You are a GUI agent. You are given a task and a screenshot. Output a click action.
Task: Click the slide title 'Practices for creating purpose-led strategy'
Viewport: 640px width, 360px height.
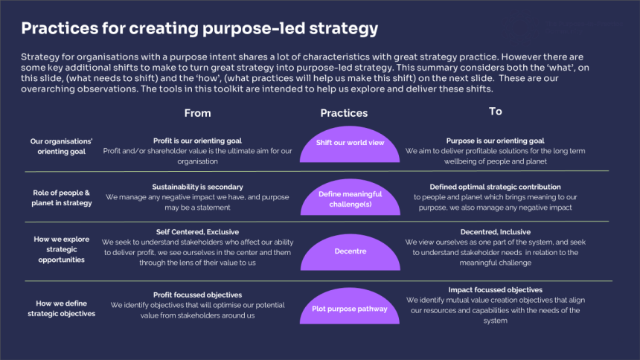(199, 29)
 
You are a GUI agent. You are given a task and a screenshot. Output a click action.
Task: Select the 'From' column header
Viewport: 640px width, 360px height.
(197, 113)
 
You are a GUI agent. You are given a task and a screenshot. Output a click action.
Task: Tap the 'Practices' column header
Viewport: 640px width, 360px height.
(344, 113)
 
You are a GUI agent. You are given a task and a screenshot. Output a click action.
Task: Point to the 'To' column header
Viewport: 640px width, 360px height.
(495, 112)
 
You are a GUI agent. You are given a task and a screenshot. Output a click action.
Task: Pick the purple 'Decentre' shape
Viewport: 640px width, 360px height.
(345, 252)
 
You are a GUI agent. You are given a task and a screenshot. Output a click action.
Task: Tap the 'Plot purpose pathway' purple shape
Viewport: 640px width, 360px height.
(345, 308)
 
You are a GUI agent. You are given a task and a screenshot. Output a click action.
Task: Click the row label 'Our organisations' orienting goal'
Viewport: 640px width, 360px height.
(62, 146)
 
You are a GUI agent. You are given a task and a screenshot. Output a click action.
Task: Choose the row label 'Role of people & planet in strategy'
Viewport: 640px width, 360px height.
(62, 198)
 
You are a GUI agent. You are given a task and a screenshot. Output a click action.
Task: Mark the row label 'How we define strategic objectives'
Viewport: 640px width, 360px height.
(62, 309)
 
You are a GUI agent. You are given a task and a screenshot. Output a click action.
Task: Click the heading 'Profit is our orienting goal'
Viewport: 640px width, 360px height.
(197, 141)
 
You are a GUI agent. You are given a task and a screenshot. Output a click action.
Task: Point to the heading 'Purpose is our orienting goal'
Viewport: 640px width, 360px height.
(495, 141)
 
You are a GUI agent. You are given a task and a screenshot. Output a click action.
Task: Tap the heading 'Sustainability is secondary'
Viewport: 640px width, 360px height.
(197, 187)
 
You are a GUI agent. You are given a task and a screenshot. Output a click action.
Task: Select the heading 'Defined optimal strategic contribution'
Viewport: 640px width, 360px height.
(495, 187)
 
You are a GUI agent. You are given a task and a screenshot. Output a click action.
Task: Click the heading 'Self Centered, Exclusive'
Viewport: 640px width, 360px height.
(197, 231)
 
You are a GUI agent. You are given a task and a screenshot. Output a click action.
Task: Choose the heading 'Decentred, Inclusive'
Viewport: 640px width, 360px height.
(495, 231)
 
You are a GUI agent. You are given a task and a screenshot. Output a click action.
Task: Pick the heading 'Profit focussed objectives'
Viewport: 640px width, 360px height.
(197, 295)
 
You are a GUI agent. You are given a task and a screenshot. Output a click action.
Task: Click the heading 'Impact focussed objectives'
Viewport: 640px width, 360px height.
(495, 289)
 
